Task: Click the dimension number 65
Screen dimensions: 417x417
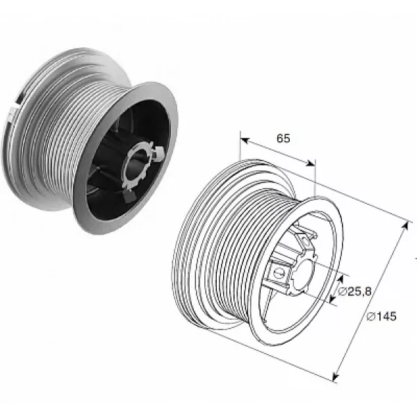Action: click(284, 138)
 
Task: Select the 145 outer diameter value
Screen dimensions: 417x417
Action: click(385, 316)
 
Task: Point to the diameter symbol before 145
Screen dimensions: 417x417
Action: click(370, 316)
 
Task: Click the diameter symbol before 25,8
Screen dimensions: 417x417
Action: click(342, 292)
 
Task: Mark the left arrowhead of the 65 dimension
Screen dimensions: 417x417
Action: click(245, 140)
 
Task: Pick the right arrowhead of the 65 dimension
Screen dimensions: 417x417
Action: click(311, 163)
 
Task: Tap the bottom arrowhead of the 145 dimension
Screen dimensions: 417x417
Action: click(336, 377)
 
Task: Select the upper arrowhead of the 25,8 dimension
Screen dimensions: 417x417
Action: click(340, 279)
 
